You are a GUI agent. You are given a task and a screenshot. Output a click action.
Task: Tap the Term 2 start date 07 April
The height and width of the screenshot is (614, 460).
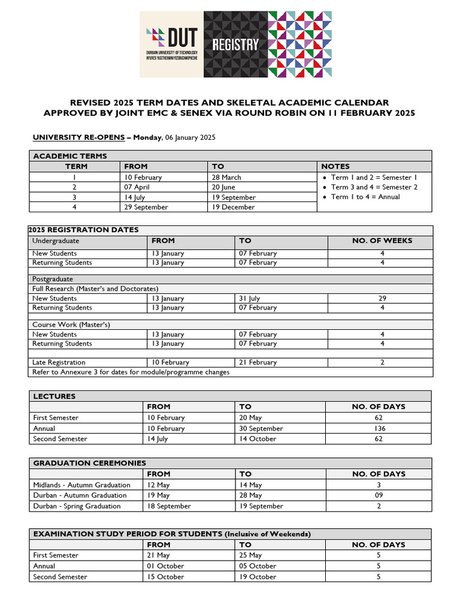click(x=138, y=187)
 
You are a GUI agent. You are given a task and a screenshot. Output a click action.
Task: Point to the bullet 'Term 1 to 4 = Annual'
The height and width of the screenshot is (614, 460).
click(x=365, y=197)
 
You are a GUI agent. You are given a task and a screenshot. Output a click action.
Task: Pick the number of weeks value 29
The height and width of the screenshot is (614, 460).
click(x=382, y=298)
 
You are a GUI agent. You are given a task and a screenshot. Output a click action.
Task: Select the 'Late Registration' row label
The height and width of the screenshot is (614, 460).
click(x=59, y=362)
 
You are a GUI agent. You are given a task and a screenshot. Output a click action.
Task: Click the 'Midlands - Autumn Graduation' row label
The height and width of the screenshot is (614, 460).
click(x=81, y=484)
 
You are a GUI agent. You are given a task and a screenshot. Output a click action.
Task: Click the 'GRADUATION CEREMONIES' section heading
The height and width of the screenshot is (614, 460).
click(x=89, y=463)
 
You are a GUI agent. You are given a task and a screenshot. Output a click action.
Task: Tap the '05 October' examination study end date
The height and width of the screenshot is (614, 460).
click(x=258, y=566)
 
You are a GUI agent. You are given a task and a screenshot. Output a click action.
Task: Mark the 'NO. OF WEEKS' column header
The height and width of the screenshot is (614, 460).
click(x=382, y=240)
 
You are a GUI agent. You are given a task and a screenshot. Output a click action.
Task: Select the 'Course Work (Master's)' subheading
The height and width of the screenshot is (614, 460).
click(x=71, y=324)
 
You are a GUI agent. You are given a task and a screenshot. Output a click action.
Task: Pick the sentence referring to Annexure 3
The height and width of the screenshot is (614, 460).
click(x=131, y=372)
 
